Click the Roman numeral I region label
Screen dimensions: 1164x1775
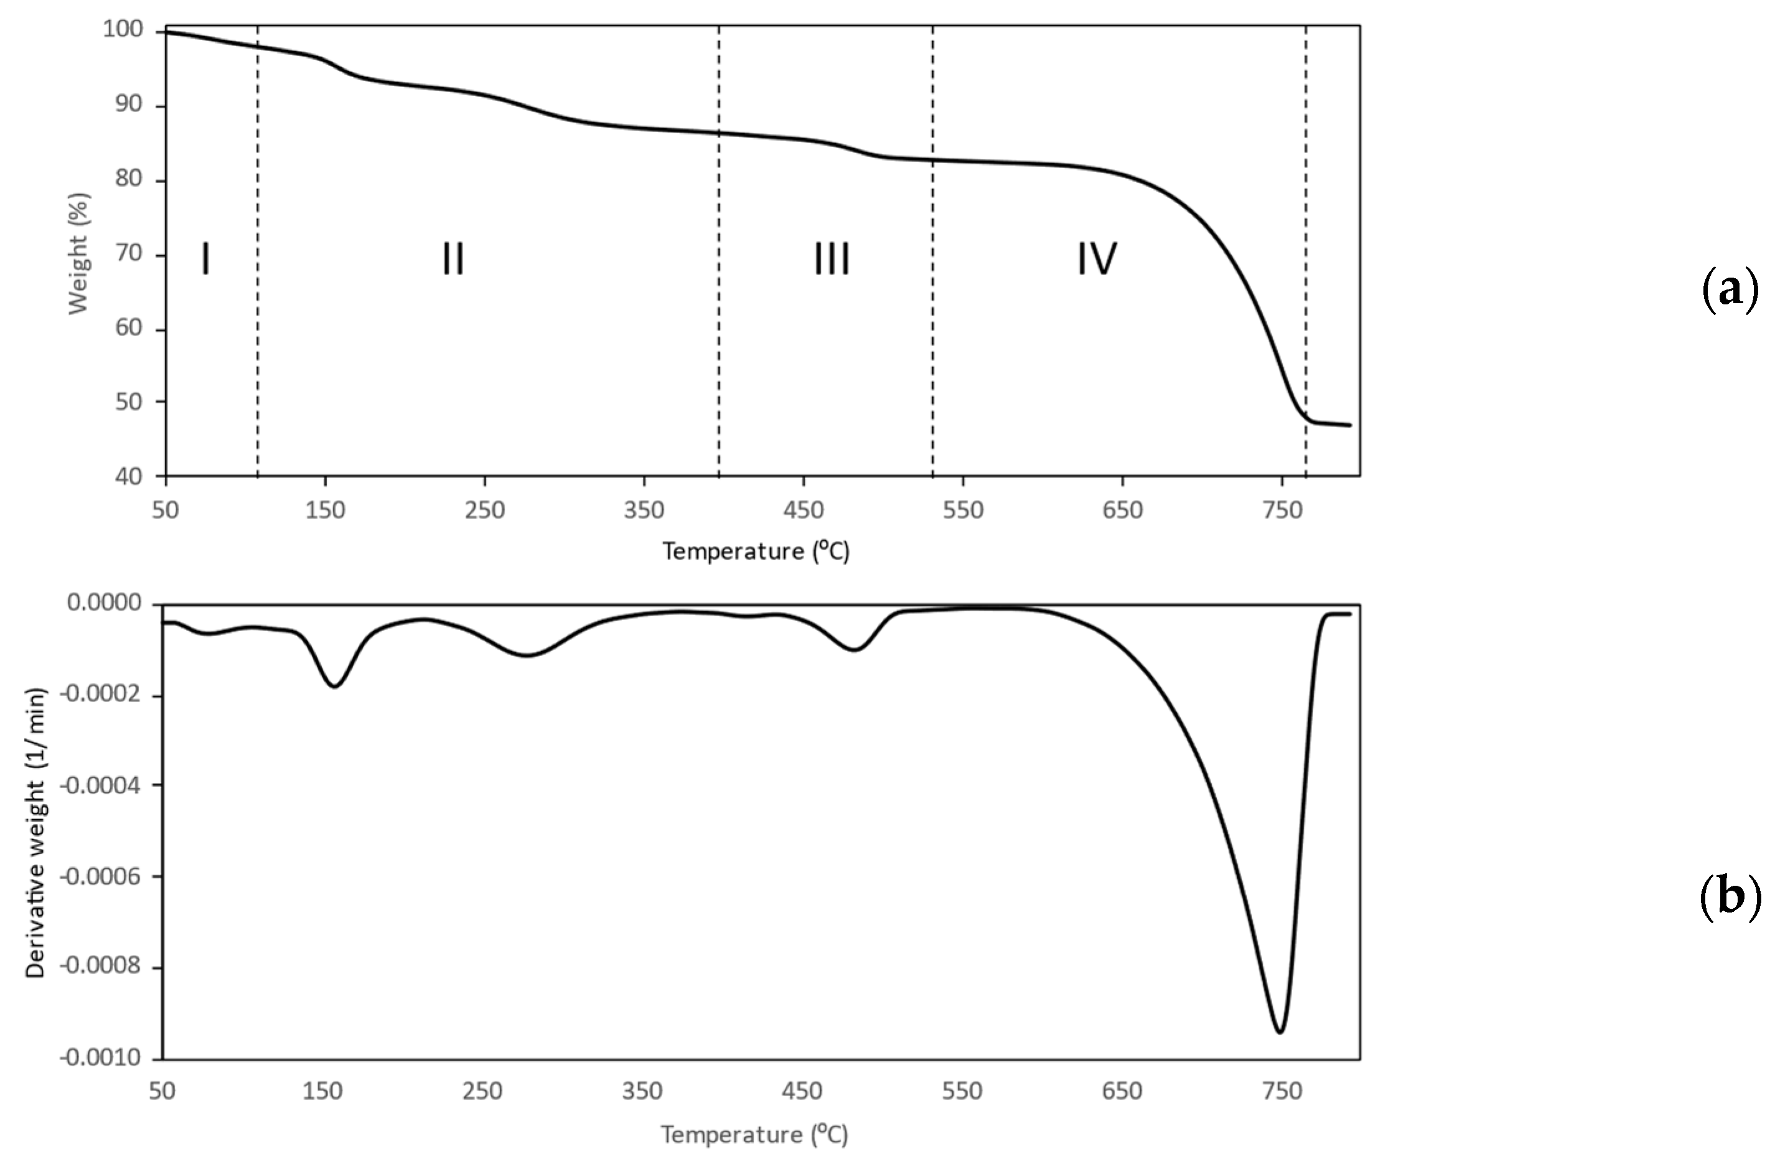coord(206,259)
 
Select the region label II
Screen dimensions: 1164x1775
coord(452,259)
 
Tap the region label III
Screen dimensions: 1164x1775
coord(831,259)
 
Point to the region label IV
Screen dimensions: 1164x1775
coord(1097,259)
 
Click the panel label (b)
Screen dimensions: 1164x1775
coord(1730,896)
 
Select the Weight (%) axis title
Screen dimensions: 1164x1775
coord(78,253)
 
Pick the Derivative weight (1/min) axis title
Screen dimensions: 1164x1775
coord(36,832)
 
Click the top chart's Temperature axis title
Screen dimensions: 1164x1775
coord(756,551)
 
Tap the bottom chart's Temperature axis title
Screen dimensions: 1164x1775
coord(754,1134)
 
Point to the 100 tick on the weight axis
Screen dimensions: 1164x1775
coord(123,30)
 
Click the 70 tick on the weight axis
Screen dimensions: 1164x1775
coord(128,253)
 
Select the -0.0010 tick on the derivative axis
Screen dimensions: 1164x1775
coord(101,1058)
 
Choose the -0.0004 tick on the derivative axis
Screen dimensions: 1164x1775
coord(101,785)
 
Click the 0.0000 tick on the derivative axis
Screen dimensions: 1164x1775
coord(105,603)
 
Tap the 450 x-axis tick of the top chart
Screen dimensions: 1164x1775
coord(803,511)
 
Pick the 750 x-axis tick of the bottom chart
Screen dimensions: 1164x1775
coord(1282,1092)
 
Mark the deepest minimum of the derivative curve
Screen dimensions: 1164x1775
coord(1280,1032)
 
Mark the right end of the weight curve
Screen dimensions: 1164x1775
coord(1350,425)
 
